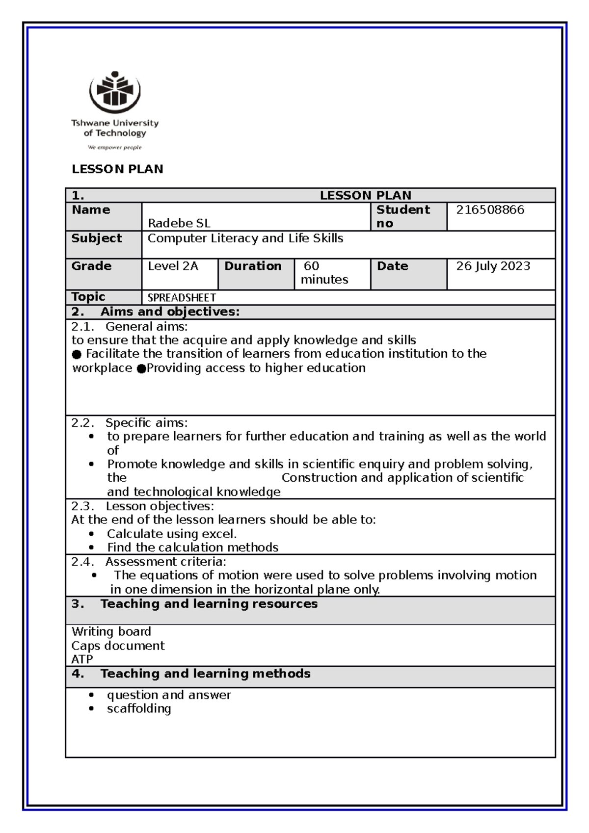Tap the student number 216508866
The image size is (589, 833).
[x=490, y=210]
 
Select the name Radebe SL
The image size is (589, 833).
[x=179, y=223]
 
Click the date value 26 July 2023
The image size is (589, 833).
[x=493, y=266]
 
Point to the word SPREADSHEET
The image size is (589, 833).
[x=182, y=298]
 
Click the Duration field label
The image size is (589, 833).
[x=253, y=266]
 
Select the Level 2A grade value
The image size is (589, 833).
[x=173, y=266]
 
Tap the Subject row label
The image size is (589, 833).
[x=97, y=238]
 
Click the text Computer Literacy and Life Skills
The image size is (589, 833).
[x=245, y=238]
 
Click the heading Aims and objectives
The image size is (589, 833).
[x=170, y=312]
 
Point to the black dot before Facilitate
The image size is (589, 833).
[x=77, y=354]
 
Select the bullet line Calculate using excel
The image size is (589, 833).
[x=172, y=534]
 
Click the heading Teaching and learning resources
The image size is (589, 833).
[x=209, y=604]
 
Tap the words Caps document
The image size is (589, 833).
[x=118, y=646]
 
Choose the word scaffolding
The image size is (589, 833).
[x=139, y=708]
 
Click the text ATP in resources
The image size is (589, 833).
[x=82, y=659]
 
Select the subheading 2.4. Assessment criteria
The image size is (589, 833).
[x=149, y=562]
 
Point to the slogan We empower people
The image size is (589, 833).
[x=114, y=147]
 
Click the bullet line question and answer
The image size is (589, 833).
[x=169, y=695]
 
